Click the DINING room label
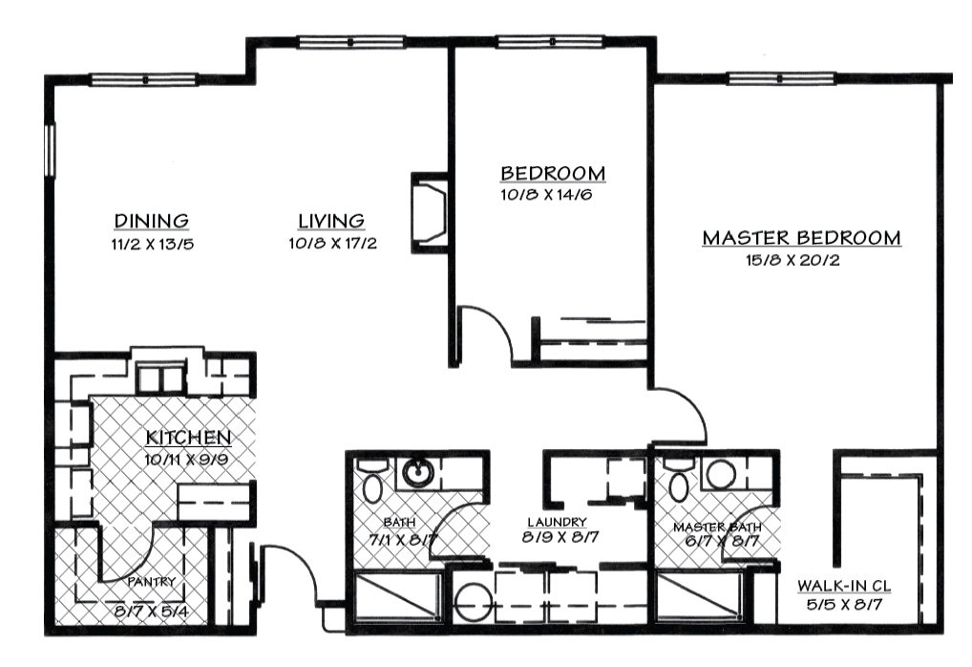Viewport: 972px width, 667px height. tap(151, 221)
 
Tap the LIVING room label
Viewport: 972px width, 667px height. tap(331, 221)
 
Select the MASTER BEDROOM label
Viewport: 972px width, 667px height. tap(801, 238)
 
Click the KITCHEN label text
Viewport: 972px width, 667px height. tap(188, 438)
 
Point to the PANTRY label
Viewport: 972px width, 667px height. tap(152, 582)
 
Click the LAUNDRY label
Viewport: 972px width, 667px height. tap(557, 523)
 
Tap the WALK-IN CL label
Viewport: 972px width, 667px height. tap(844, 585)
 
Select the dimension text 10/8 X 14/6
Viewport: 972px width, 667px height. tap(546, 195)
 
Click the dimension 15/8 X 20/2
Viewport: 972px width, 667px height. tap(792, 260)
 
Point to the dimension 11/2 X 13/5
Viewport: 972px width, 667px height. tap(153, 245)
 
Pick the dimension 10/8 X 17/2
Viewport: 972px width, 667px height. tap(332, 244)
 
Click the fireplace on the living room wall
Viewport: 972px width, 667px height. tap(429, 213)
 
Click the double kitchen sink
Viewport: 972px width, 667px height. tap(160, 377)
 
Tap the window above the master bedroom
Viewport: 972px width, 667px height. tap(782, 78)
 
